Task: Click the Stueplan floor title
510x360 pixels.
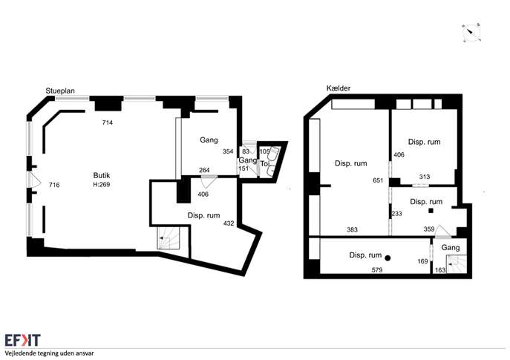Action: pos(60,91)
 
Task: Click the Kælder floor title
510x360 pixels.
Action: pos(339,88)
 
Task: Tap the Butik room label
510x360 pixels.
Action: pos(102,175)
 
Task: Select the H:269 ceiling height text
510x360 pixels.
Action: pos(102,184)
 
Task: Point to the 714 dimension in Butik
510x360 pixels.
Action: pos(108,122)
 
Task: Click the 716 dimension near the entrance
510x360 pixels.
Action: pos(54,185)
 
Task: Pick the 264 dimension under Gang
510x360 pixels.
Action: pos(204,170)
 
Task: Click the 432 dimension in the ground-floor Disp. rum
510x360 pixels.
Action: pos(229,223)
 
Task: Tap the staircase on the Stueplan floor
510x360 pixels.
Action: pos(169,238)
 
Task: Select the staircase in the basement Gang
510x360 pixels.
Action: pos(457,264)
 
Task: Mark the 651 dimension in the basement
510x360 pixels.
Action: pos(378,180)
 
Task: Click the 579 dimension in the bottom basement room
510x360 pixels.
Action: pos(376,270)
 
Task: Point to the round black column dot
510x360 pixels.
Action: pos(388,258)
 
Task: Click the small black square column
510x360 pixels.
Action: pos(431,211)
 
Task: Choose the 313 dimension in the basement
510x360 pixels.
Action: pos(425,177)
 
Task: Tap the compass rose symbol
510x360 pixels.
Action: pos(471,33)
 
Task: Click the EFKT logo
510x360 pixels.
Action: pos(23,340)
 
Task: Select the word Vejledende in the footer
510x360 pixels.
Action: pos(19,353)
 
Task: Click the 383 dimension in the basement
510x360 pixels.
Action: pos(353,230)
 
